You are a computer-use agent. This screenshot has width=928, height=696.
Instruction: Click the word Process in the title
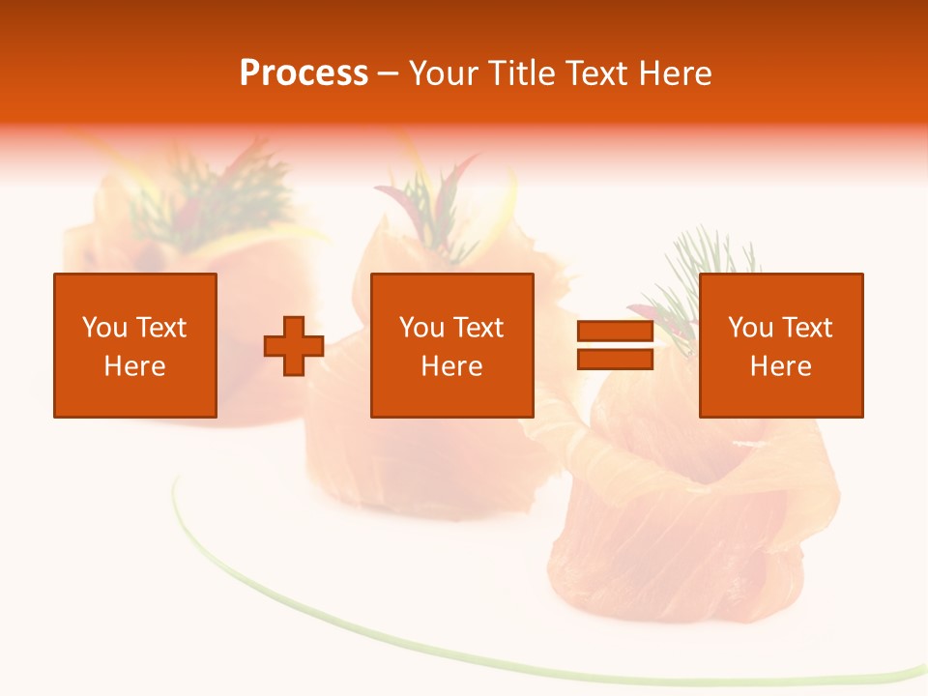click(x=304, y=73)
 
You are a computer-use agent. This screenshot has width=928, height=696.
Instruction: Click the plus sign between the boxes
click(x=294, y=346)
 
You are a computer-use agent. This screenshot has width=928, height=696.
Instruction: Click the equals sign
click(x=615, y=345)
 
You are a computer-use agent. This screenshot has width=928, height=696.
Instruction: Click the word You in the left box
click(x=103, y=328)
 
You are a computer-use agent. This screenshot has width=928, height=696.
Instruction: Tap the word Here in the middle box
click(x=451, y=366)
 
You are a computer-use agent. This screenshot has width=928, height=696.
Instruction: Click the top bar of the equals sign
click(x=615, y=332)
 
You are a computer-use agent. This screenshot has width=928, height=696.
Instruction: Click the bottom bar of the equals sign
click(x=615, y=359)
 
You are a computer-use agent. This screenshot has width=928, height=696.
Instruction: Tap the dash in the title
click(x=389, y=73)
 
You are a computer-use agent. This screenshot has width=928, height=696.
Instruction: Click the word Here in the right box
click(x=780, y=366)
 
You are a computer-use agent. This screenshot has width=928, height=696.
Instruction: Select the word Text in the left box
click(x=160, y=328)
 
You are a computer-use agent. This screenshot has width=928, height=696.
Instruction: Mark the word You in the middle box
click(x=420, y=328)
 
